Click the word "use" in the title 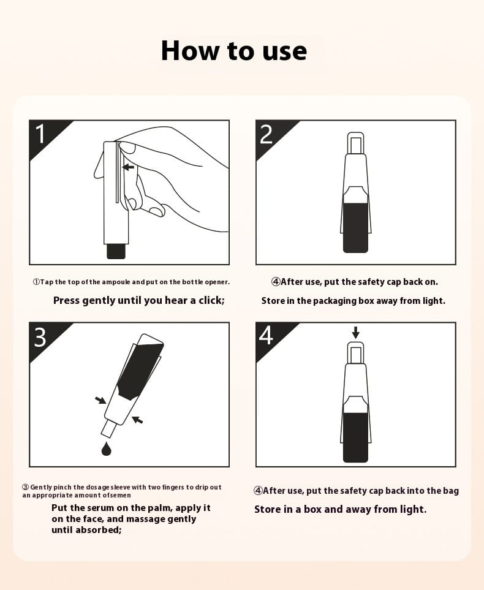pyautogui.click(x=285, y=51)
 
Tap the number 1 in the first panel pyautogui.click(x=40, y=134)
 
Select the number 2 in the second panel pyautogui.click(x=266, y=134)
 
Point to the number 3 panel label pyautogui.click(x=40, y=337)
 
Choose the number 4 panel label pyautogui.click(x=266, y=336)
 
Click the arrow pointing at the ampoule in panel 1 pyautogui.click(x=128, y=167)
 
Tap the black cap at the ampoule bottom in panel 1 pyautogui.click(x=116, y=251)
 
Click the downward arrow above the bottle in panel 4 pyautogui.click(x=355, y=333)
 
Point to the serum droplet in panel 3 pyautogui.click(x=107, y=448)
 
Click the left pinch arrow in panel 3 pyautogui.click(x=100, y=399)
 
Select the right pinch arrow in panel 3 pyautogui.click(x=137, y=420)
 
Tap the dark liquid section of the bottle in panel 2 pyautogui.click(x=356, y=228)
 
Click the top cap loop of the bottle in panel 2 pyautogui.click(x=356, y=143)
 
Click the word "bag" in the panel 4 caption pyautogui.click(x=452, y=491)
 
